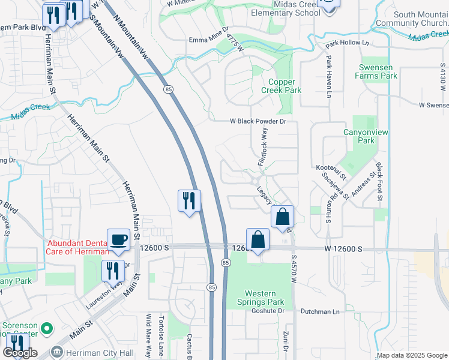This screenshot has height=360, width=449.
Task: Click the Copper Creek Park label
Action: coord(280,86)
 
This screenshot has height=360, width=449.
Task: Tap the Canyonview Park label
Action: coord(359,137)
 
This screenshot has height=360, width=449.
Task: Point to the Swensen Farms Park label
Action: coord(376,72)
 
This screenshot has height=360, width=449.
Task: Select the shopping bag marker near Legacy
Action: coord(283,216)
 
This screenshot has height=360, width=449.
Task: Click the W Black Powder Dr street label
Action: coord(258,121)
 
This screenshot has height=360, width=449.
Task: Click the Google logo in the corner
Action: coord(20,353)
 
